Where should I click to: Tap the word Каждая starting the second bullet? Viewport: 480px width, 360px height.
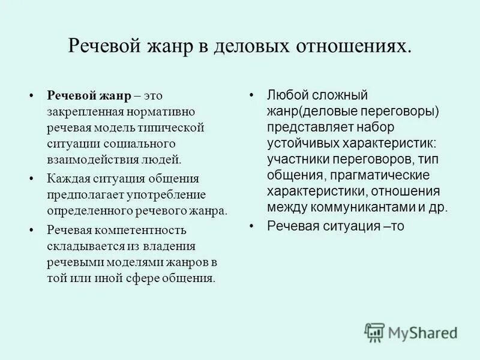point(65,179)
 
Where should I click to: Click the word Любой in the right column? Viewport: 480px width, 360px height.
point(284,96)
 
